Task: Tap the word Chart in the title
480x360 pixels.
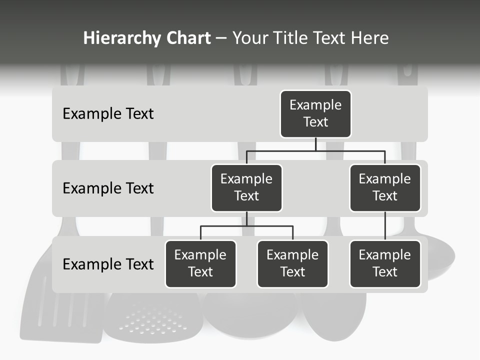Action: pos(188,38)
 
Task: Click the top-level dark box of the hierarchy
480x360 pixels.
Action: pos(315,113)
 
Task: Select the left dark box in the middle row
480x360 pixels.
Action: pos(246,187)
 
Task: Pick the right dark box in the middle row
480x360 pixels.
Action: pos(385,187)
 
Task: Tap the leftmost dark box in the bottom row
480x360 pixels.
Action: pos(200,263)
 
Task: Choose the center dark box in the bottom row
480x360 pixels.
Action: pos(292,263)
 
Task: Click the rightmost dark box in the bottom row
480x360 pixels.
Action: pos(385,263)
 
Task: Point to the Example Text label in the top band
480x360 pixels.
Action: pos(108,114)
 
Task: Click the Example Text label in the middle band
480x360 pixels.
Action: pos(108,188)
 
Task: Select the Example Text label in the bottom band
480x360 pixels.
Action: pos(108,264)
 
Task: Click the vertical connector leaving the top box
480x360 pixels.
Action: pos(315,144)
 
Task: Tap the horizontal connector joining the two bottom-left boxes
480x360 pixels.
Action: pos(246,226)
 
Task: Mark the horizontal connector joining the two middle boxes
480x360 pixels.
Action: pos(315,150)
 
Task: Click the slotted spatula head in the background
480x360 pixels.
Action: pos(60,315)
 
